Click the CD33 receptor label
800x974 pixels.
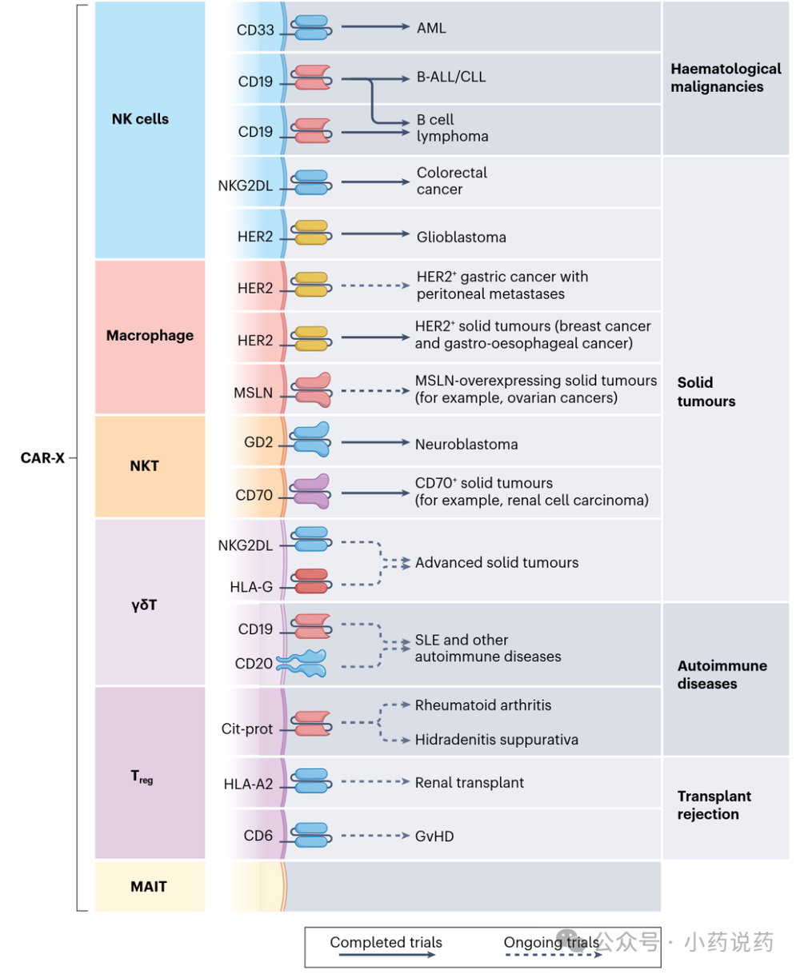point(255,30)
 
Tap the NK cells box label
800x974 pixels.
point(140,118)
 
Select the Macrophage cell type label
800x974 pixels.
point(150,335)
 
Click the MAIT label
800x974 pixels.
point(148,886)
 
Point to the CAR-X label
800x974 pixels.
point(42,457)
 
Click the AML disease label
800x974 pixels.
point(431,28)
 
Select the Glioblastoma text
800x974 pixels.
point(462,237)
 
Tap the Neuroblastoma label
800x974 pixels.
point(466,445)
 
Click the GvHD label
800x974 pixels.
point(434,836)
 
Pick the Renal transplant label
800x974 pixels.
point(470,782)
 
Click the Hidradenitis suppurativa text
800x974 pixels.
point(496,740)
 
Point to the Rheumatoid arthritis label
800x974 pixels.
point(483,705)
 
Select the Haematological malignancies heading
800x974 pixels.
point(726,78)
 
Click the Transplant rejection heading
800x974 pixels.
point(714,804)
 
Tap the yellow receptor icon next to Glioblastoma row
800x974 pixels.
point(311,232)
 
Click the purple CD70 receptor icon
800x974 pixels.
point(310,491)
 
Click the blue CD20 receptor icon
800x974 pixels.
point(302,663)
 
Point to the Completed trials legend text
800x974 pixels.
point(386,942)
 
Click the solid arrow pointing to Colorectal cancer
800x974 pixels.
point(375,182)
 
